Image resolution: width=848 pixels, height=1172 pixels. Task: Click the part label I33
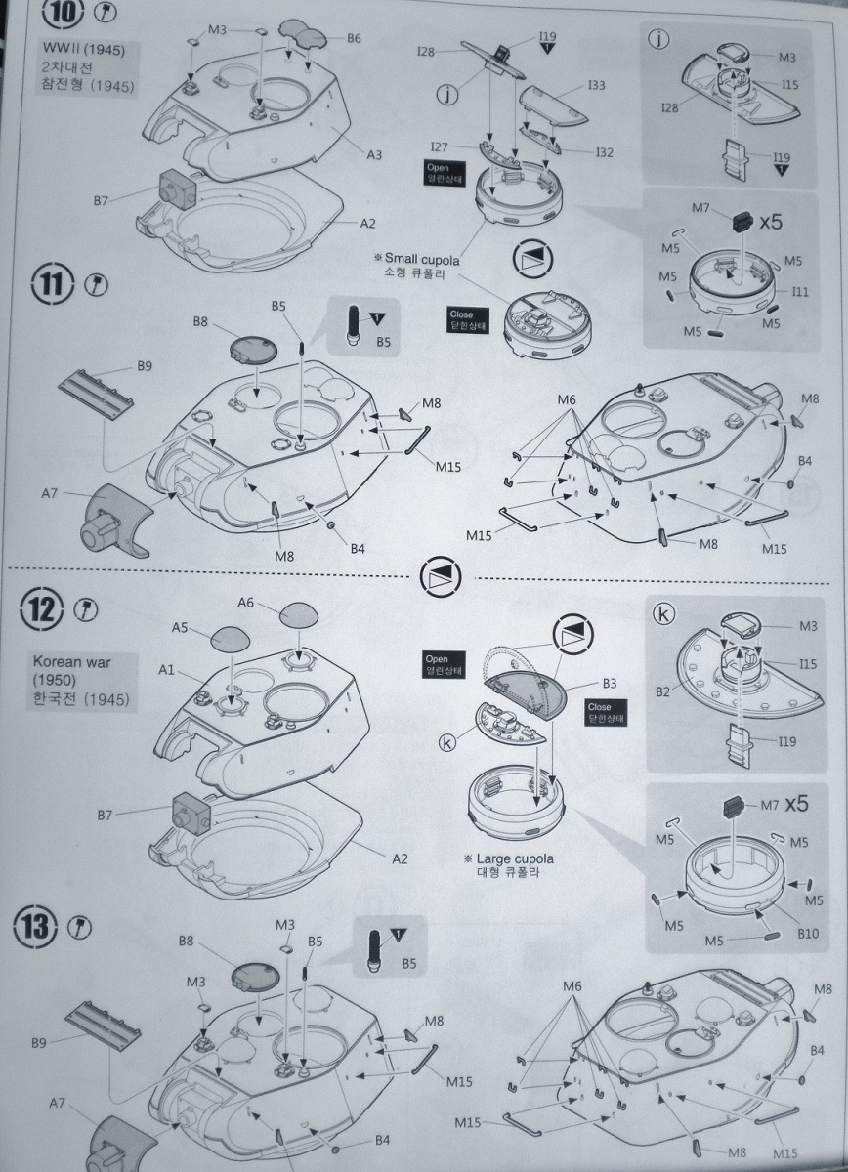tap(596, 86)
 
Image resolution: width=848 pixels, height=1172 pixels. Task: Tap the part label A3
tap(374, 154)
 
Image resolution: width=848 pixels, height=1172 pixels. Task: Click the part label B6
tap(354, 38)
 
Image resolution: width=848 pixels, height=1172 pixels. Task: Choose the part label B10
tap(808, 934)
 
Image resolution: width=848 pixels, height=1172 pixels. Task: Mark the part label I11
tap(800, 291)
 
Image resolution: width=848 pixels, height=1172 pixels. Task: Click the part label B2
tap(664, 691)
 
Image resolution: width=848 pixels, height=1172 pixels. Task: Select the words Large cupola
tap(516, 858)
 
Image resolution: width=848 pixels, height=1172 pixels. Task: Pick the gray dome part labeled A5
tap(231, 640)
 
